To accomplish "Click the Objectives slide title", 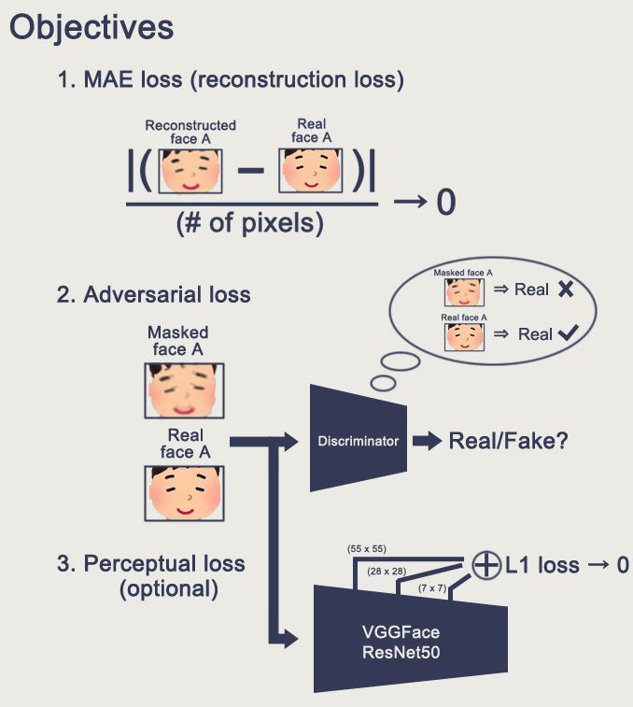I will [x=91, y=27].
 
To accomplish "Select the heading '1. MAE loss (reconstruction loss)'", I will [x=231, y=80].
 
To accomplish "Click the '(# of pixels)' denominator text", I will [x=249, y=225].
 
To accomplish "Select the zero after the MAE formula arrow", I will [x=445, y=202].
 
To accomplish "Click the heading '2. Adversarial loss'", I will [x=153, y=294].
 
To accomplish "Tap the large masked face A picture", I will [x=184, y=389].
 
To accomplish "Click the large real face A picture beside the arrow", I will [x=184, y=493].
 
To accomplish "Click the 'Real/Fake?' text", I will [x=506, y=441].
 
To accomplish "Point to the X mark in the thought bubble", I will [x=565, y=290].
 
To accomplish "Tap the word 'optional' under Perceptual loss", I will [x=168, y=590].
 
